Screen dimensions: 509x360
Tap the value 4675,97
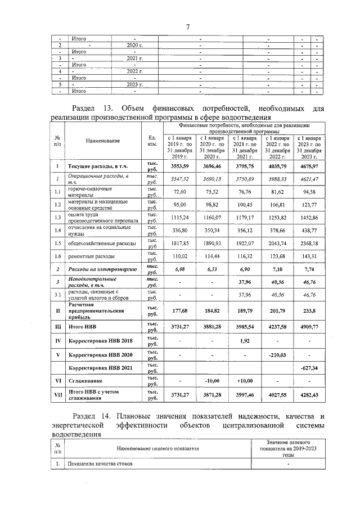tap(309, 166)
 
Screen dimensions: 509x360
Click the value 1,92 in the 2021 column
tap(244, 341)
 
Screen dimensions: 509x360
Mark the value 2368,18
tap(309, 244)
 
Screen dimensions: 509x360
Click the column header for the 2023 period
tap(309, 147)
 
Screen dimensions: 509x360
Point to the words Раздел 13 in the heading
tap(92, 107)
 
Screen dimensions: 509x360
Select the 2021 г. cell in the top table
tap(134, 58)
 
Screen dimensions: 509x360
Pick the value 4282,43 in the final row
tap(309, 396)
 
